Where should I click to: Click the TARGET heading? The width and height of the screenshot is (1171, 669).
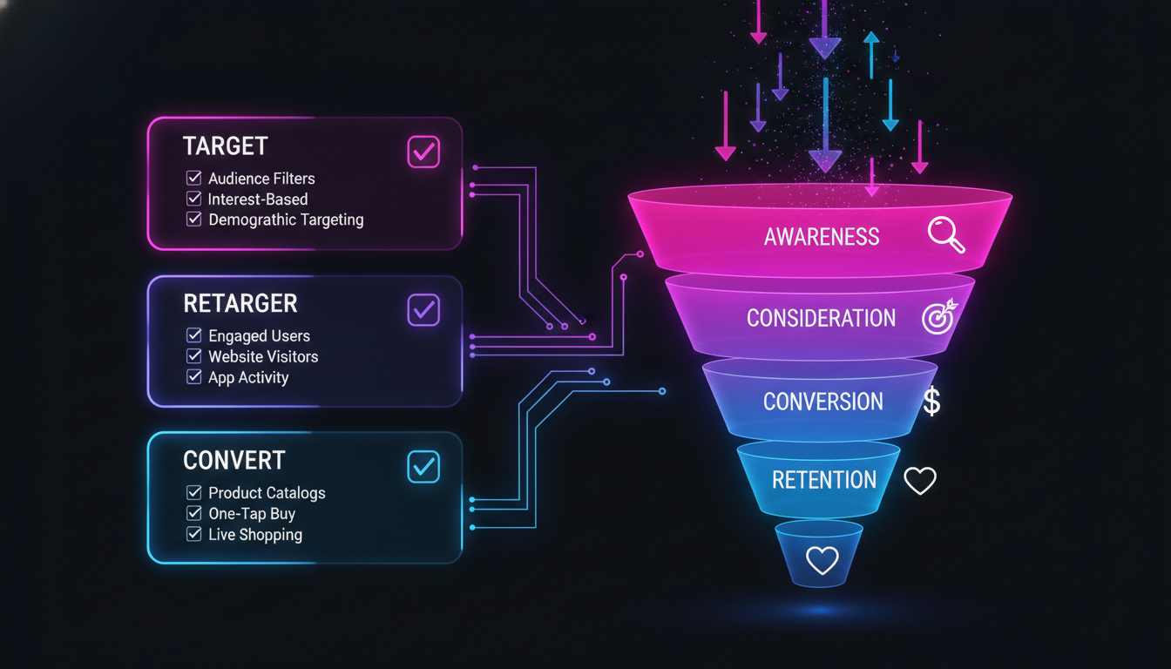click(x=225, y=146)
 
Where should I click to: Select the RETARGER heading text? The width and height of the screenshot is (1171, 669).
click(x=240, y=303)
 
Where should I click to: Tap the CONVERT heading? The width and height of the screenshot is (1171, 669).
click(x=234, y=460)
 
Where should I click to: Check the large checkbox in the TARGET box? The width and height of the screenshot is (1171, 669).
click(x=423, y=152)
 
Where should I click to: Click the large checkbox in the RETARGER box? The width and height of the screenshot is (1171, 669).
click(x=423, y=309)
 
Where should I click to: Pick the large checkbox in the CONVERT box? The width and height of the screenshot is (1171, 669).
click(x=423, y=467)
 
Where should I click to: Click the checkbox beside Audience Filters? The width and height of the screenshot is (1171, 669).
click(x=194, y=178)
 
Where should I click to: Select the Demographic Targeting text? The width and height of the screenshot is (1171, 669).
click(x=286, y=220)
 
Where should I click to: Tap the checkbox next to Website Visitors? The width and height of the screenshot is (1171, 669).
click(x=194, y=356)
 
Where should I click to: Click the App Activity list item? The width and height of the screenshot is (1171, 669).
click(x=248, y=377)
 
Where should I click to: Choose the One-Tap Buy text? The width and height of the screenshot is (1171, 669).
click(x=252, y=514)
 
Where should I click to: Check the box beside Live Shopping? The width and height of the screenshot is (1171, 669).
click(x=194, y=534)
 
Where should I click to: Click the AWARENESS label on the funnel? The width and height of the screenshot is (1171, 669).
click(x=822, y=236)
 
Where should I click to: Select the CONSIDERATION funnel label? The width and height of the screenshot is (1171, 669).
click(x=821, y=318)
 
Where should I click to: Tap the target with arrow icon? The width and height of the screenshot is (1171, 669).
click(x=938, y=317)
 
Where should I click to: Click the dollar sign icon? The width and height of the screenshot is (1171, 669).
click(x=931, y=402)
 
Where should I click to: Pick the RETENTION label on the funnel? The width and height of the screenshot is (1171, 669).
click(x=823, y=480)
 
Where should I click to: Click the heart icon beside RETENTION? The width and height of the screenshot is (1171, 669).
click(x=919, y=481)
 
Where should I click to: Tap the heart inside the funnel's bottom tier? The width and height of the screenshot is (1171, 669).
click(x=821, y=560)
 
